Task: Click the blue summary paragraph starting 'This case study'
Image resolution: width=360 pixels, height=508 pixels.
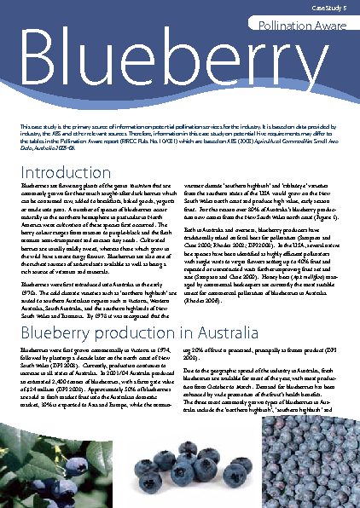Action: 179,141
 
